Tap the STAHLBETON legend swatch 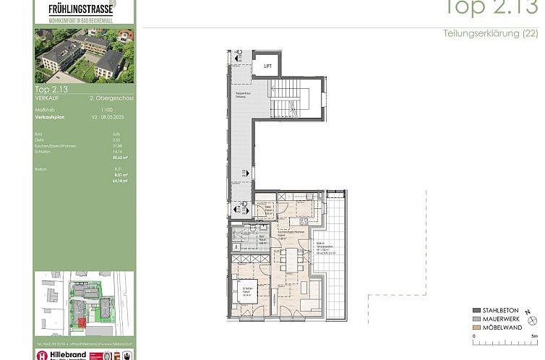[476, 310]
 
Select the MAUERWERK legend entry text [501, 318]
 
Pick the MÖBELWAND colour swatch [476, 326]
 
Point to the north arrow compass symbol [532, 319]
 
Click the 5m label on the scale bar [533, 336]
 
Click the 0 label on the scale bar [474, 336]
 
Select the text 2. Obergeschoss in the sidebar [111, 97]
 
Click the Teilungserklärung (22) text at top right [490, 34]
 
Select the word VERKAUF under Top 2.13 [48, 97]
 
